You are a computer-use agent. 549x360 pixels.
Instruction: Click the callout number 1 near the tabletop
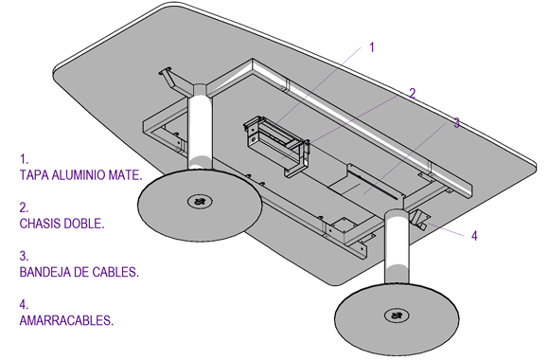pyautogui.click(x=372, y=47)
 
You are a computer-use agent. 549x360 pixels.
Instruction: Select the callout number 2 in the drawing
pyautogui.click(x=413, y=93)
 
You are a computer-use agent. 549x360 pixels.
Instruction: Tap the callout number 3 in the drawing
pyautogui.click(x=456, y=123)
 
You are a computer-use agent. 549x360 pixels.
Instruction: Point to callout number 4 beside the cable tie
pyautogui.click(x=474, y=236)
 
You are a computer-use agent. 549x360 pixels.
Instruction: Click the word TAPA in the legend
pyautogui.click(x=34, y=175)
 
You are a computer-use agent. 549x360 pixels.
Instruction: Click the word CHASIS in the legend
pyautogui.click(x=40, y=224)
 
